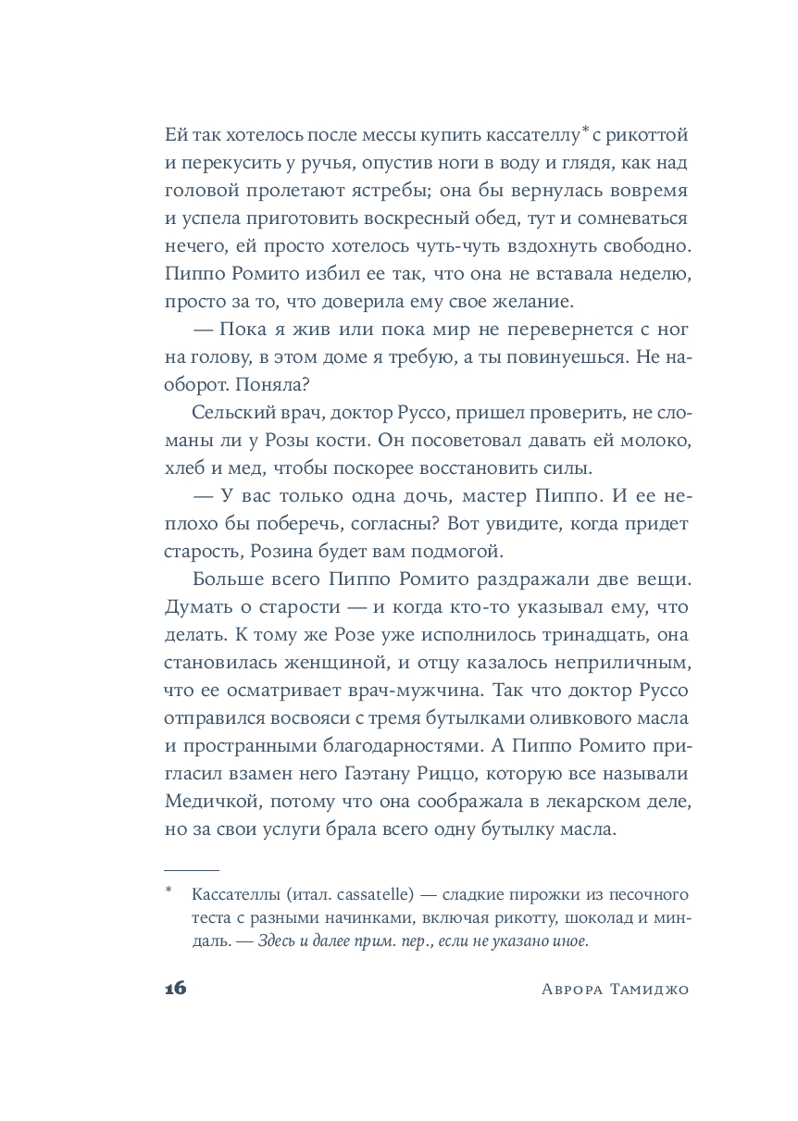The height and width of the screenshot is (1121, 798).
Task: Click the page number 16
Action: [176, 988]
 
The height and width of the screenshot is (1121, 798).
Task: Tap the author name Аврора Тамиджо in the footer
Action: [614, 989]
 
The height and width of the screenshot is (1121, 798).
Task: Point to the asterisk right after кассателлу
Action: [585, 131]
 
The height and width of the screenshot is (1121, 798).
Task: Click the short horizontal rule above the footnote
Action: [192, 870]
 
